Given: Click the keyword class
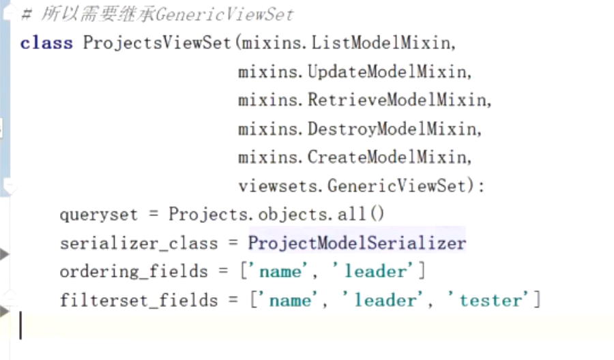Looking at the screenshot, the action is [46, 43].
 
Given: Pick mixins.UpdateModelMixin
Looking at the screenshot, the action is [354, 72].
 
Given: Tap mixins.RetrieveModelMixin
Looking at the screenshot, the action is [364, 100].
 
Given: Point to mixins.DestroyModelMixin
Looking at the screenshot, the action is [359, 129].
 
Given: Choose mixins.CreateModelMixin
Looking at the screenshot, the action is [354, 157].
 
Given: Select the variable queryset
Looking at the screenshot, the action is [99, 215].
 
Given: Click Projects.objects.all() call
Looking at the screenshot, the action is [276, 215].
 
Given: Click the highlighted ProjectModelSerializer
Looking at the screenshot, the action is [357, 243].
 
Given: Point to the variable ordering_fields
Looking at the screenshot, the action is [133, 272].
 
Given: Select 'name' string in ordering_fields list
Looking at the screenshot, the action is [280, 272].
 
